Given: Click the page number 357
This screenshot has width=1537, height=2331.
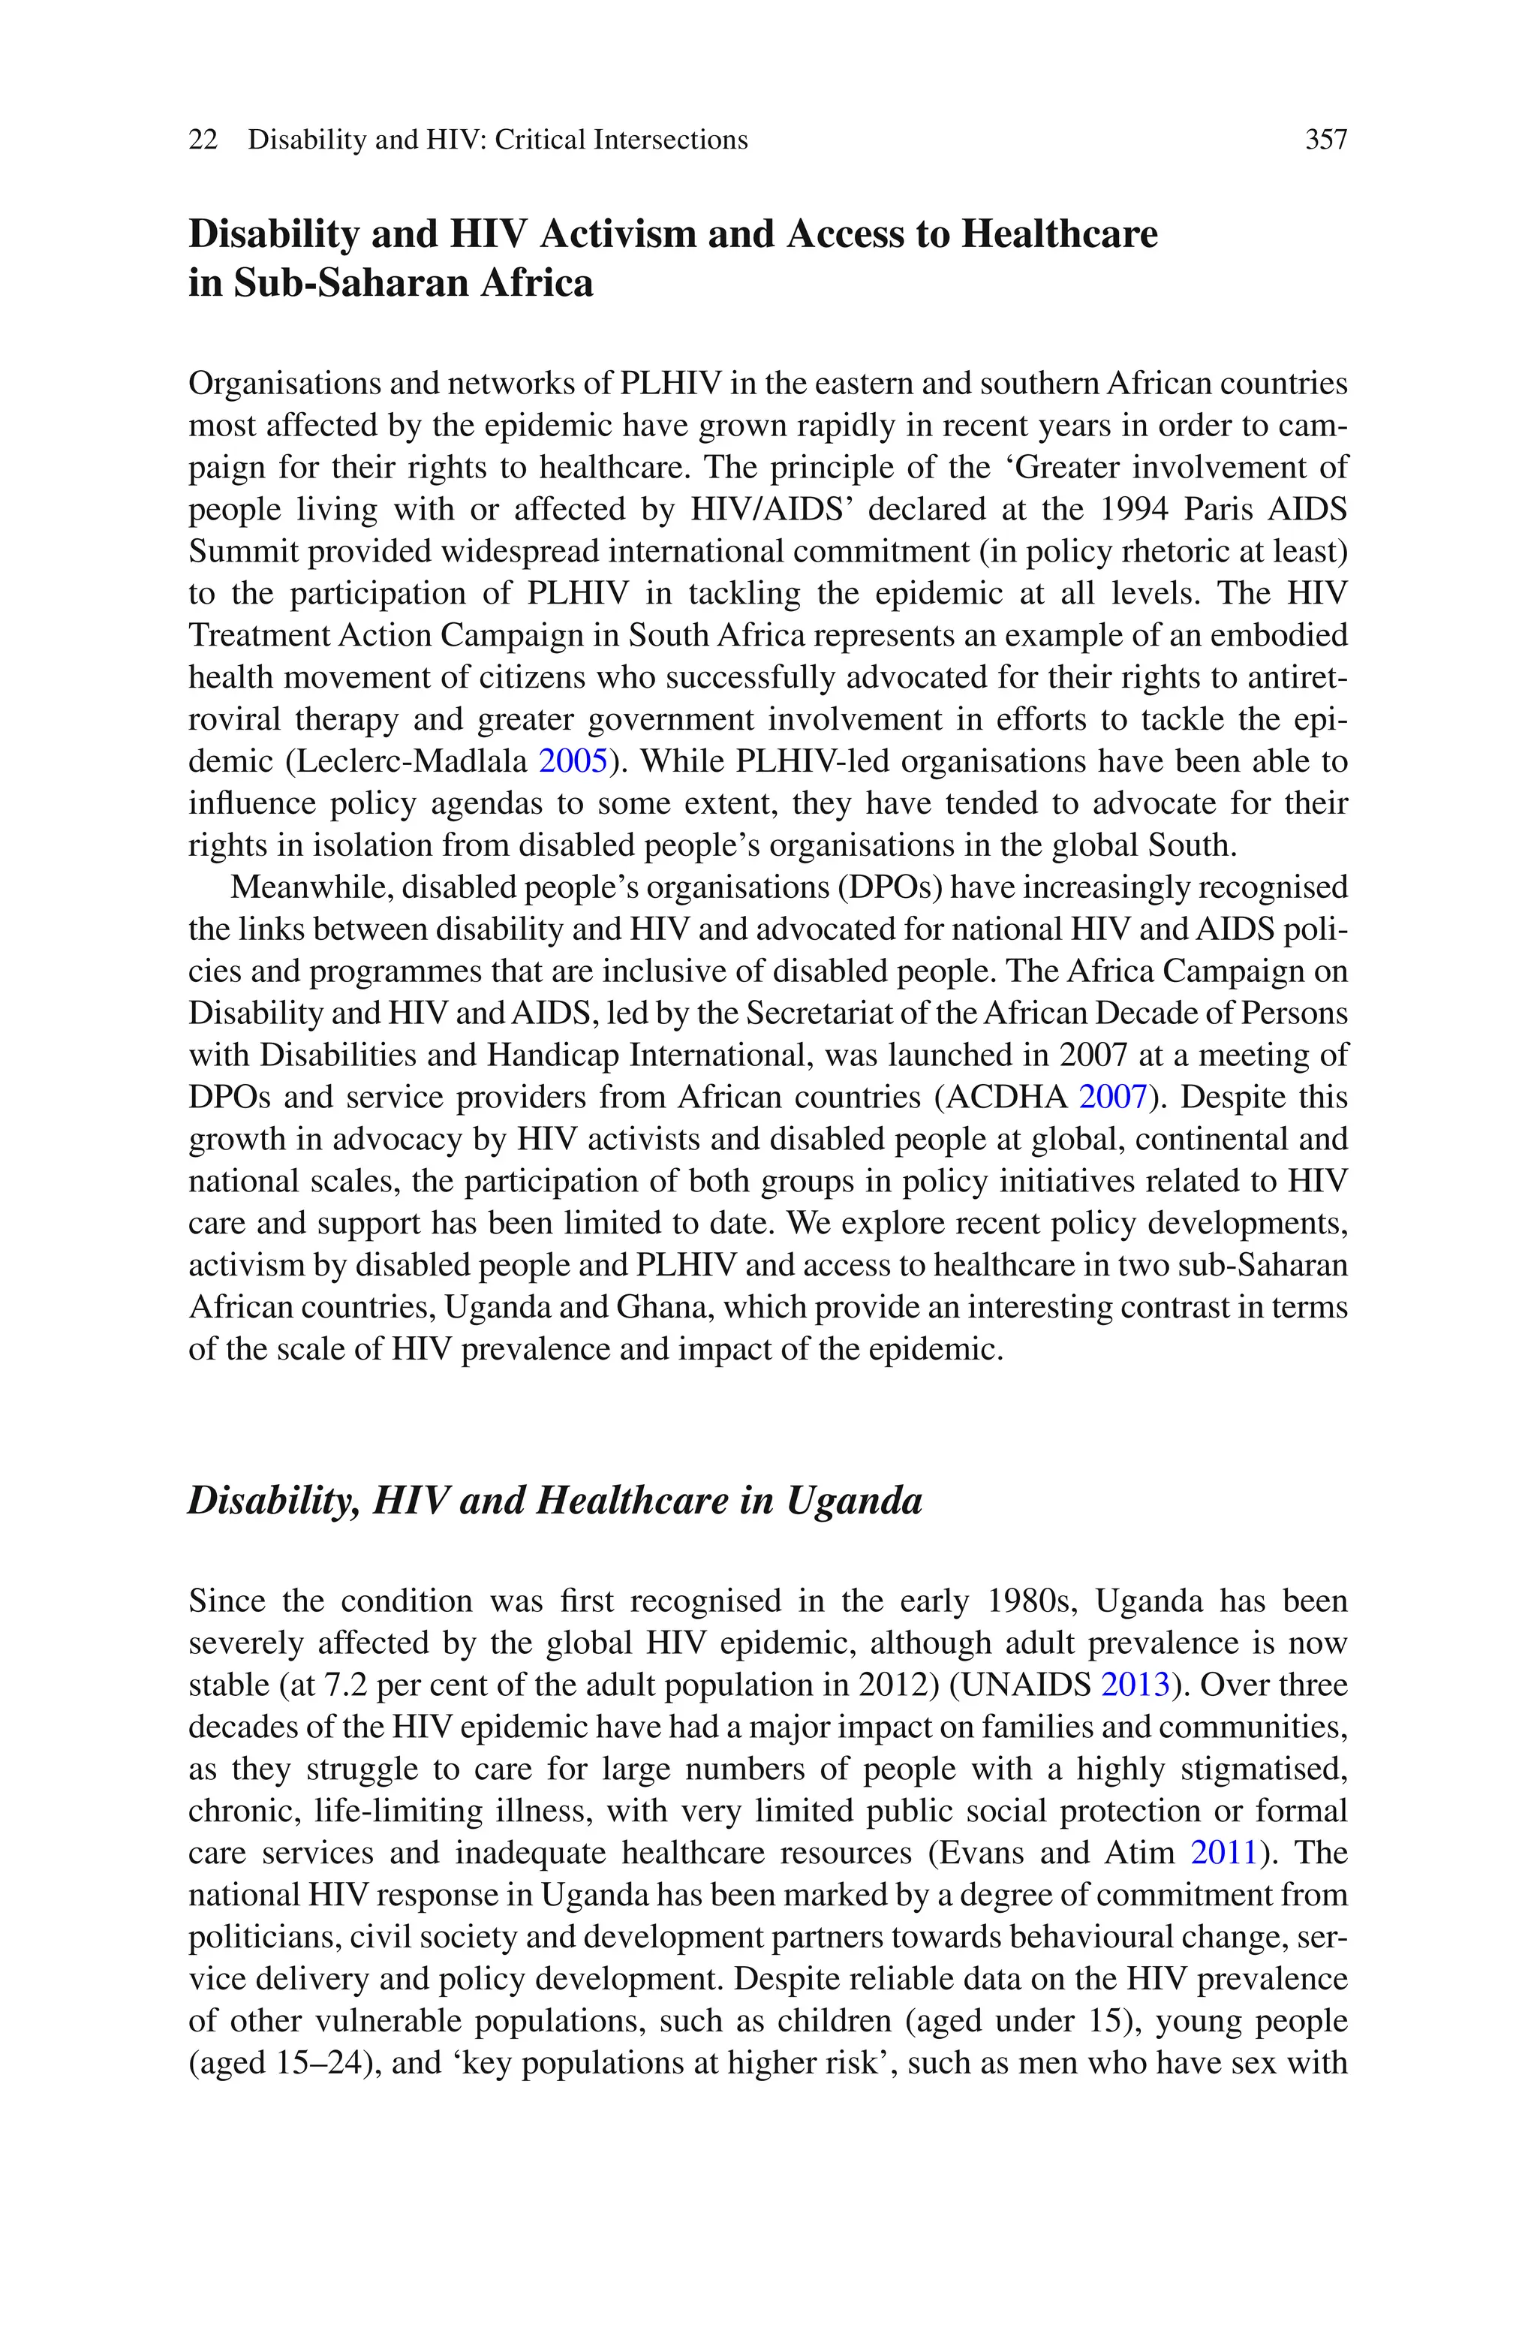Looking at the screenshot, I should tap(1326, 140).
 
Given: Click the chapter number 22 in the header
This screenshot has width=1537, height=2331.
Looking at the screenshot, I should tap(203, 140).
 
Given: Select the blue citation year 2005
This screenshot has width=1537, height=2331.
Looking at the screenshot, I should tap(573, 762).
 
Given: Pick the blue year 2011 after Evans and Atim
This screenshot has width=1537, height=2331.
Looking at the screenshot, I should tap(1224, 1853).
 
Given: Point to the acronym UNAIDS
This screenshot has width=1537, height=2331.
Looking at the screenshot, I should tap(1027, 1685).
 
